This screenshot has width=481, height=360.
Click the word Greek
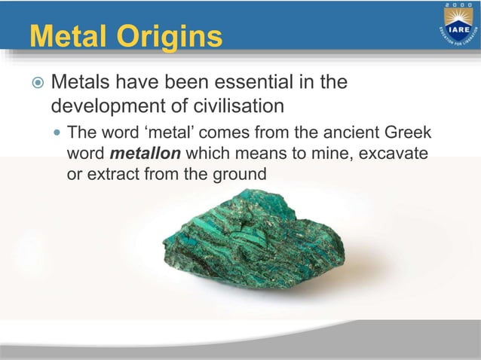point(407,134)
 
